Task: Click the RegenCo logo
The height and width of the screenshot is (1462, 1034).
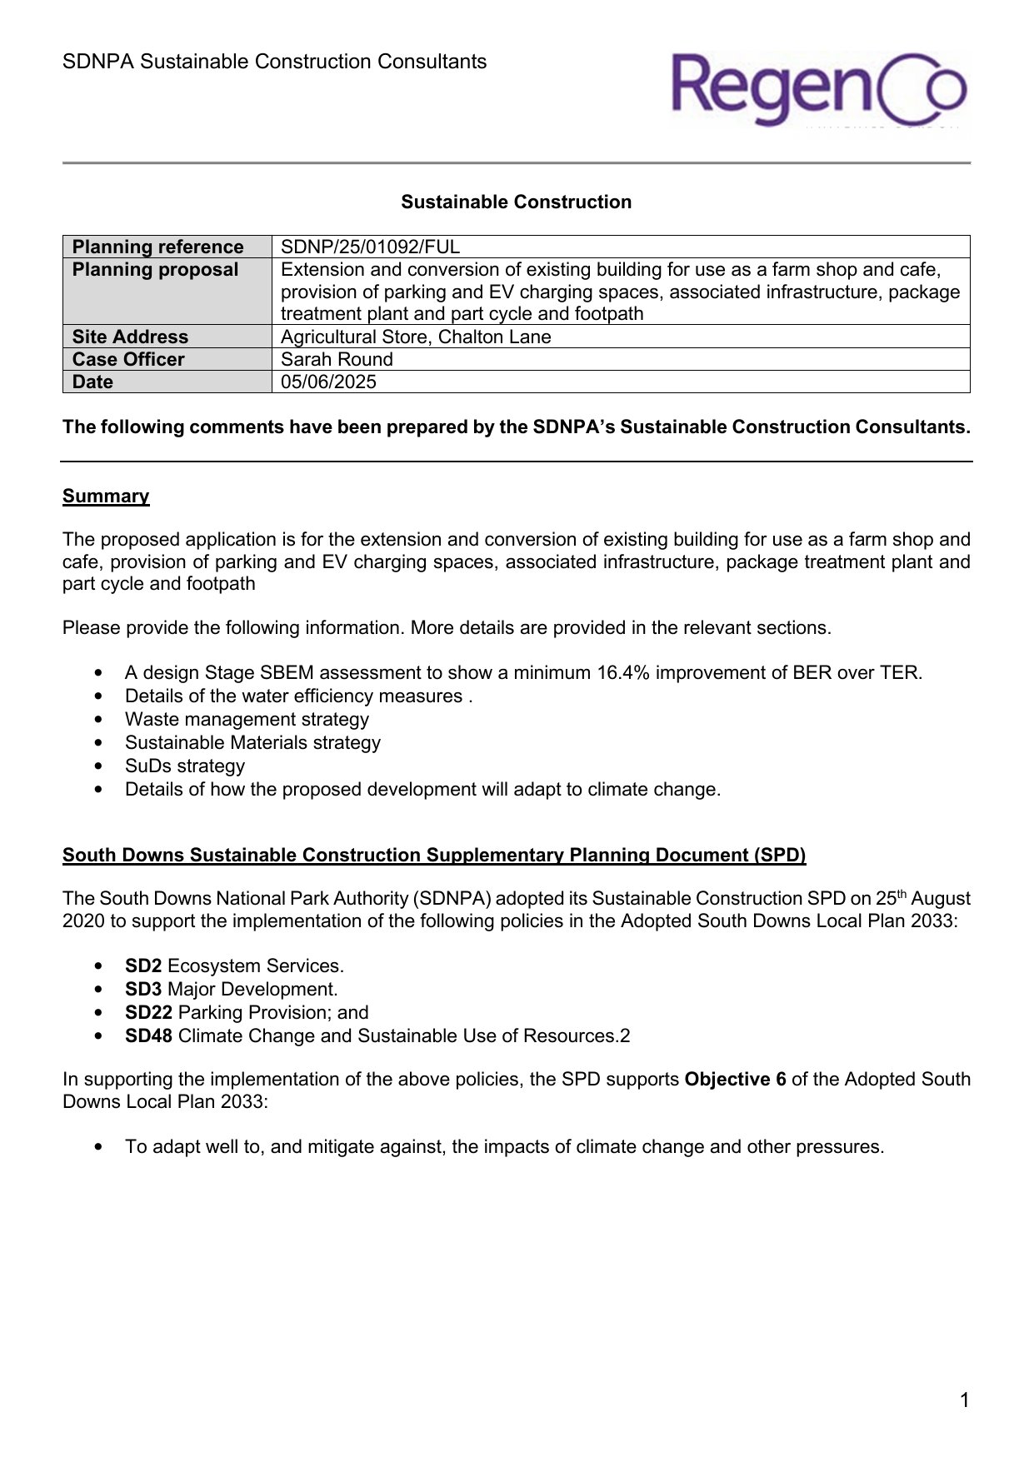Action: tap(818, 89)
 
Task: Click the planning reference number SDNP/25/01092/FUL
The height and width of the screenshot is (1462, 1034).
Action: tap(370, 247)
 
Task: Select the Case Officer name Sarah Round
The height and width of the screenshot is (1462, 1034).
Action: tap(337, 359)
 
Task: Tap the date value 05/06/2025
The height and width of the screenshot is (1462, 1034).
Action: tap(328, 382)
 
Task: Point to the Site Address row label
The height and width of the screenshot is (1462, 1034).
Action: tap(130, 337)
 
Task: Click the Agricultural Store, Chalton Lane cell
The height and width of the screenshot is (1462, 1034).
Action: tap(416, 337)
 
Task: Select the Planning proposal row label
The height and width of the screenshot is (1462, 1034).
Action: tap(155, 270)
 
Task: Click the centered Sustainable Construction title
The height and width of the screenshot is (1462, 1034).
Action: tap(516, 202)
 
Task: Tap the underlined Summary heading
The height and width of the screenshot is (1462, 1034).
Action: tap(106, 496)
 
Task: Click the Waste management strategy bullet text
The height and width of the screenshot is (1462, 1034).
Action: tap(247, 720)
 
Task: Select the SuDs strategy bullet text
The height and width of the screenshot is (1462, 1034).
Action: tap(185, 766)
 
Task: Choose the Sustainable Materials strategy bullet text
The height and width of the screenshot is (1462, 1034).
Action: tap(252, 743)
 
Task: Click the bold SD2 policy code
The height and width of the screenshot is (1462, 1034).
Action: tap(143, 966)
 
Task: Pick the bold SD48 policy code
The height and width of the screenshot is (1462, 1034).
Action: tap(148, 1036)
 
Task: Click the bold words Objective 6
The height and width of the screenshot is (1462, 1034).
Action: tap(735, 1080)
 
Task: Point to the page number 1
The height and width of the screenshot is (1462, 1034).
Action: tap(964, 1400)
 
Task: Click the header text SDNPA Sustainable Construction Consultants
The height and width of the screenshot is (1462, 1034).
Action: tap(274, 62)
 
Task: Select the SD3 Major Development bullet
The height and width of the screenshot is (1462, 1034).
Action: tap(231, 990)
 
